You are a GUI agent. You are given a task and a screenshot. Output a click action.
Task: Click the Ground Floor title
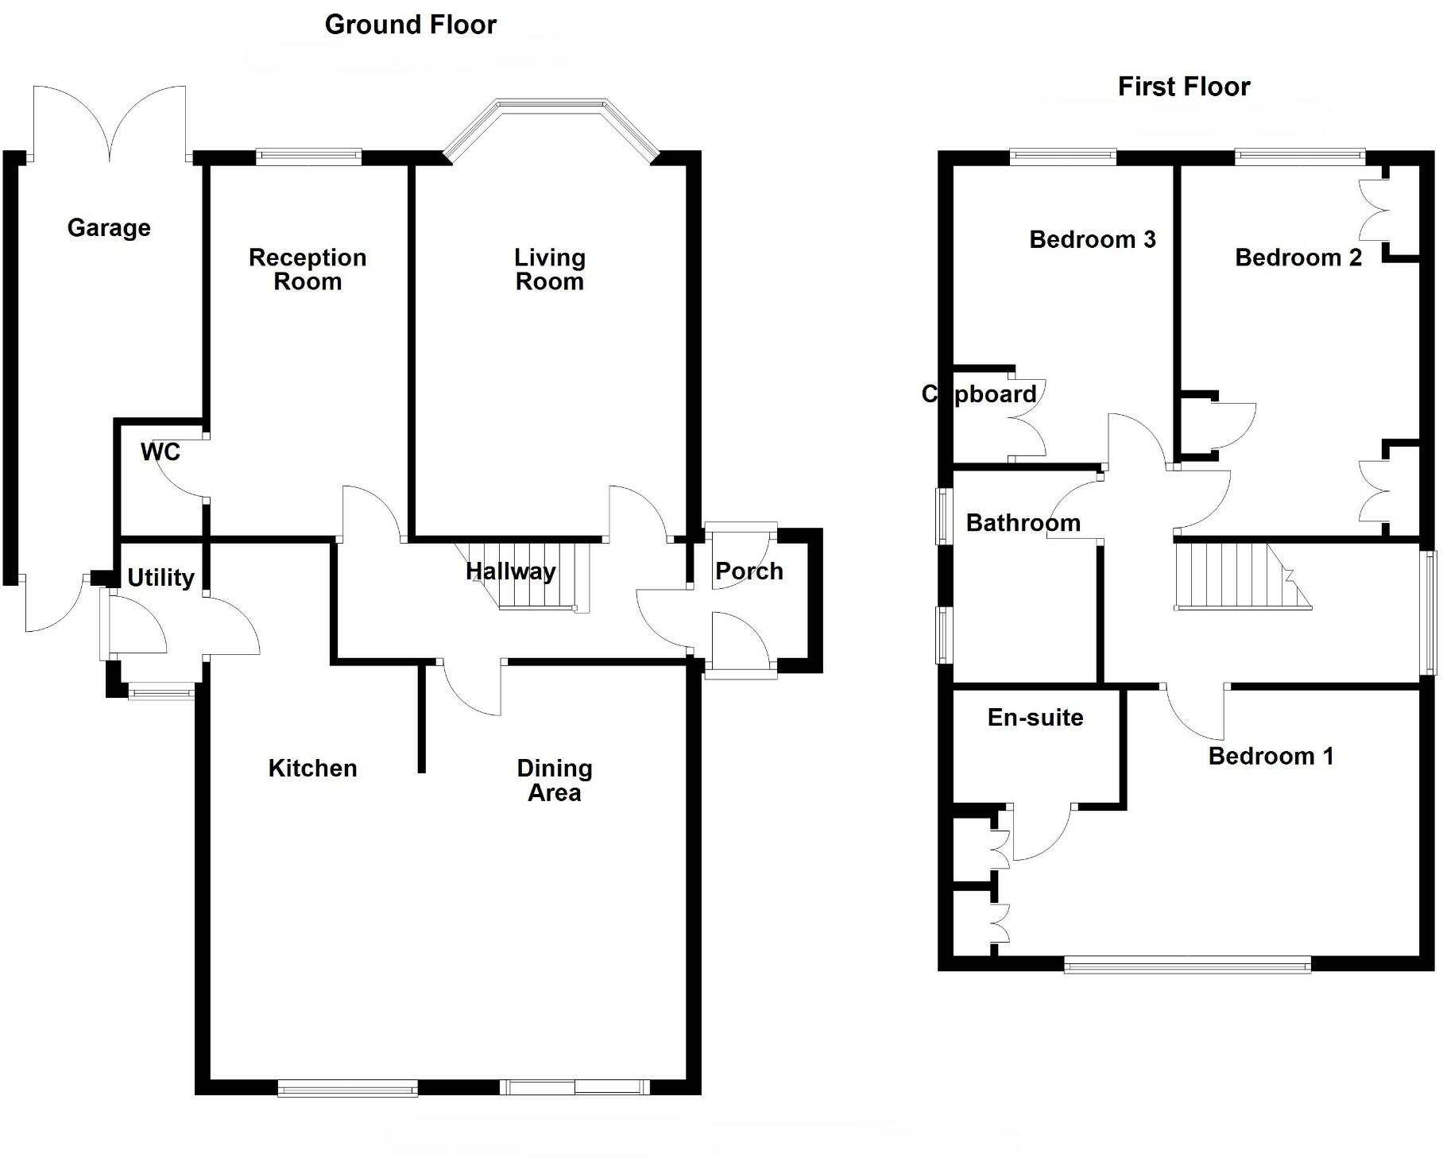[x=410, y=25]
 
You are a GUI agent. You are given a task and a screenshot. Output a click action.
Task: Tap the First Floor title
[x=1183, y=86]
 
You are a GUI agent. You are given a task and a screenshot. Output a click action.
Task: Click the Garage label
[x=109, y=228]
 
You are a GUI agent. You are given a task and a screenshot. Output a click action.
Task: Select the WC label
[x=160, y=452]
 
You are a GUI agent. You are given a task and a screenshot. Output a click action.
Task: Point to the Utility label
[x=161, y=577]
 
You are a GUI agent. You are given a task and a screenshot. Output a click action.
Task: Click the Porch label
[x=749, y=571]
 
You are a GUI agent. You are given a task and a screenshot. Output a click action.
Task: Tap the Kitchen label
[x=312, y=768]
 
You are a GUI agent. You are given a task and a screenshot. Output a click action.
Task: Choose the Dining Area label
[x=554, y=780]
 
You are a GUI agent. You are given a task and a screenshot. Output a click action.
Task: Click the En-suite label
[x=1035, y=717]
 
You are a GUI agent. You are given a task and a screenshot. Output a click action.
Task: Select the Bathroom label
[x=1023, y=523]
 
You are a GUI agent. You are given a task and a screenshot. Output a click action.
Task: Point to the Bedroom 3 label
[x=1092, y=239]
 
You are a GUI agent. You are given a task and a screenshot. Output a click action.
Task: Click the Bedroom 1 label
[x=1270, y=755]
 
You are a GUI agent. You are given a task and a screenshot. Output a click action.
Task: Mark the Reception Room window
[x=308, y=157]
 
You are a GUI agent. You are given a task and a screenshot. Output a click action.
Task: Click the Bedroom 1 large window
[x=1187, y=964]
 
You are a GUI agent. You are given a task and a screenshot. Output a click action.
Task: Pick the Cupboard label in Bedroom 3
[x=978, y=394]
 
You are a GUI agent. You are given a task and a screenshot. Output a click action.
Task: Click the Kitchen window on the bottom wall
[x=347, y=1087]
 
